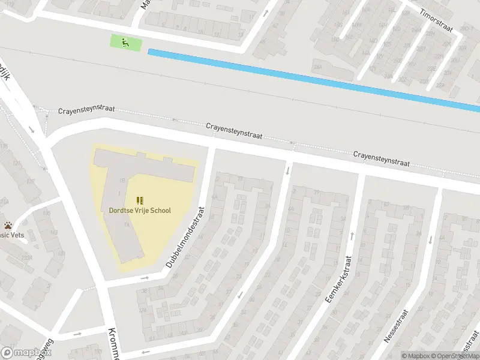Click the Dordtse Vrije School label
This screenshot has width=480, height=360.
coord(140,211)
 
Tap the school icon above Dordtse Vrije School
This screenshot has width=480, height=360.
coord(140,200)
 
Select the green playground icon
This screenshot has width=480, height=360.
coord(125,43)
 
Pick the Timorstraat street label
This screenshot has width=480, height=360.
coord(438,22)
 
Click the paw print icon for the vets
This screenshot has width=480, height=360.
coord(8,226)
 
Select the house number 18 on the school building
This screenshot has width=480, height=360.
coord(122,180)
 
